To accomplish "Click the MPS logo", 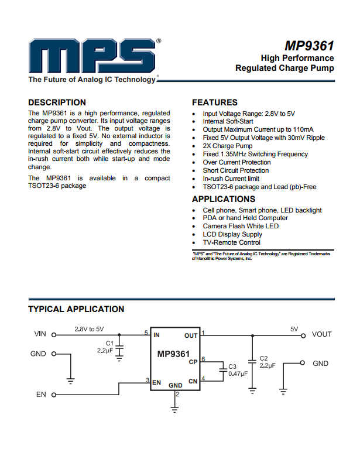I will [91, 57].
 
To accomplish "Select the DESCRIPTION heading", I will [57, 102].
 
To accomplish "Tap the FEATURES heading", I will [215, 102].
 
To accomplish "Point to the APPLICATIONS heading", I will [224, 199].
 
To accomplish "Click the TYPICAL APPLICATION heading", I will [76, 309].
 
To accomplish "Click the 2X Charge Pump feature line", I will [228, 146].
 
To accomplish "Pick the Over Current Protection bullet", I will [236, 162].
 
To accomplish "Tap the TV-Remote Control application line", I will [232, 242].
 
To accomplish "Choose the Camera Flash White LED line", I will [241, 226].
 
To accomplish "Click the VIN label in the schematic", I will [40, 334].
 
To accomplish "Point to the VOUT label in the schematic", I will [321, 334].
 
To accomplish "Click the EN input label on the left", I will [41, 395].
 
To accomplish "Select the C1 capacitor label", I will [109, 343].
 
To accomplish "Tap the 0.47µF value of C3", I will [238, 374].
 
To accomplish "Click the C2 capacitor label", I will [263, 358].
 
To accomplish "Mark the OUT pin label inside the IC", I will [191, 335].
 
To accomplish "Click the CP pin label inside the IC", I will [193, 362].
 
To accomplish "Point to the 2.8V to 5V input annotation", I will [89, 329].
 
